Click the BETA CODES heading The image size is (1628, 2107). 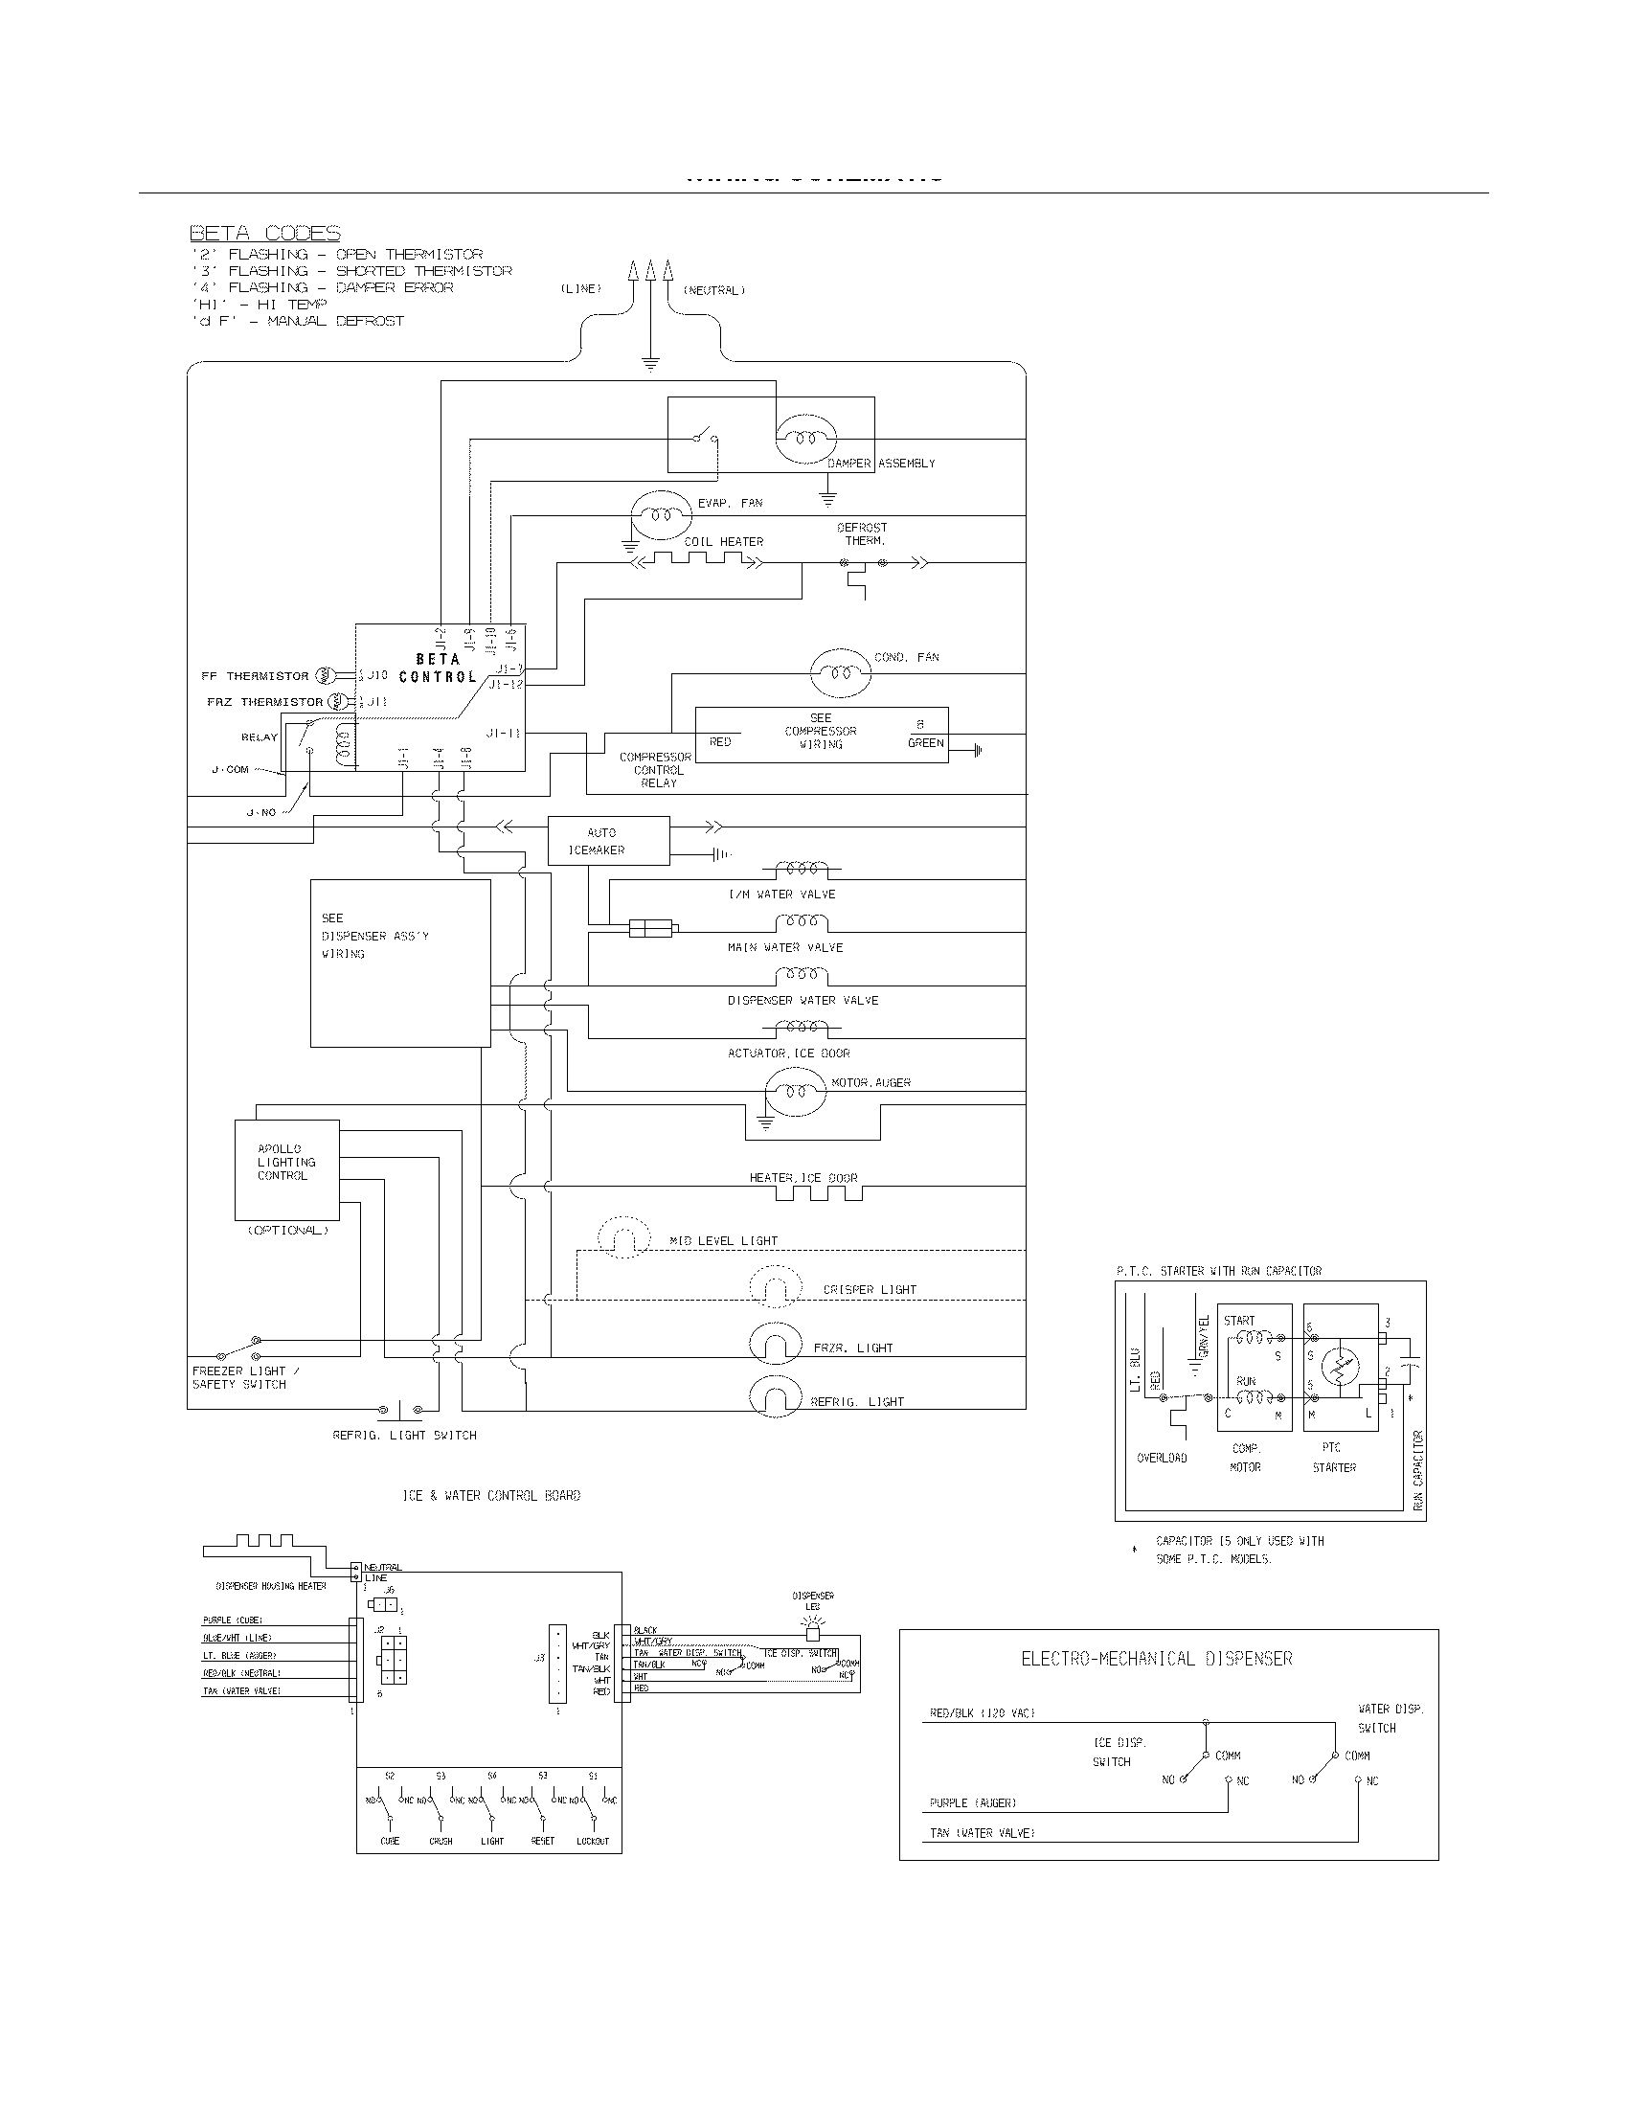coord(264,233)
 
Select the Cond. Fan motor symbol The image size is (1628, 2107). coord(839,672)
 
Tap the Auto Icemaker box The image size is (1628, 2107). coord(607,841)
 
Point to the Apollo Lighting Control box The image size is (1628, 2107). coord(286,1169)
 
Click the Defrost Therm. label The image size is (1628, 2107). coord(862,533)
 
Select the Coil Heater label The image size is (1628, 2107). coord(723,542)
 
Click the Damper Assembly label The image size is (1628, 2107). coord(880,464)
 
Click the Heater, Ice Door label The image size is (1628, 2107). coord(803,1178)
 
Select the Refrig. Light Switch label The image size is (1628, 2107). coord(404,1435)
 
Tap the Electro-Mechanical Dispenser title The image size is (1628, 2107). coord(1157,1659)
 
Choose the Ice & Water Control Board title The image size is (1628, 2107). coord(491,1495)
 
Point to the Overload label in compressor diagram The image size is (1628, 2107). coord(1162,1458)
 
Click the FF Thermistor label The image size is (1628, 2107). coord(255,676)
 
